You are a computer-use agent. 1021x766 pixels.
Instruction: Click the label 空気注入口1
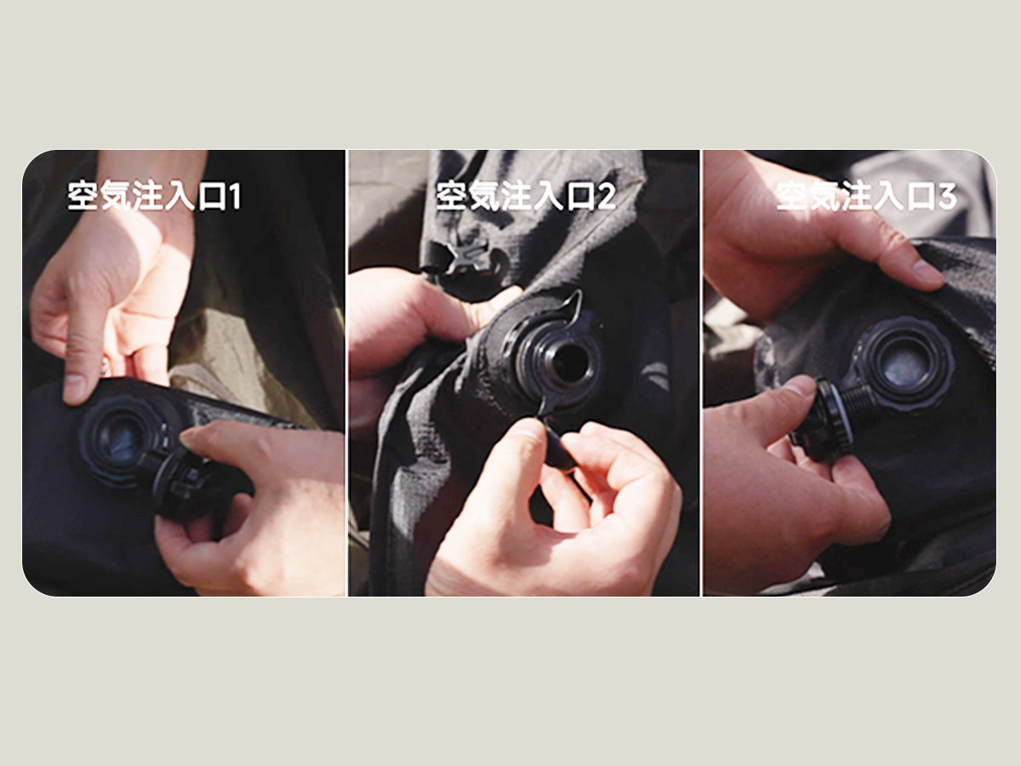coord(155,197)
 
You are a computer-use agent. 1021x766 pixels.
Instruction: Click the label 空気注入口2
coord(526,197)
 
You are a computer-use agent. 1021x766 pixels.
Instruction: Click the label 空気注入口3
coord(866,197)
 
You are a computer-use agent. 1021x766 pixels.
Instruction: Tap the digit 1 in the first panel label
coord(234,197)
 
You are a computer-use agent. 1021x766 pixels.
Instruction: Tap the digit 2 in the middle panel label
coord(607,197)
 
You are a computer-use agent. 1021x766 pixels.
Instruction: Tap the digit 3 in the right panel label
coord(947,197)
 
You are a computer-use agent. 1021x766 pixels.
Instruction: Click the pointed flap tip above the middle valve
coord(579,294)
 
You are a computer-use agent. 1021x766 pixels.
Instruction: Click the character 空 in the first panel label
coord(83,197)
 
